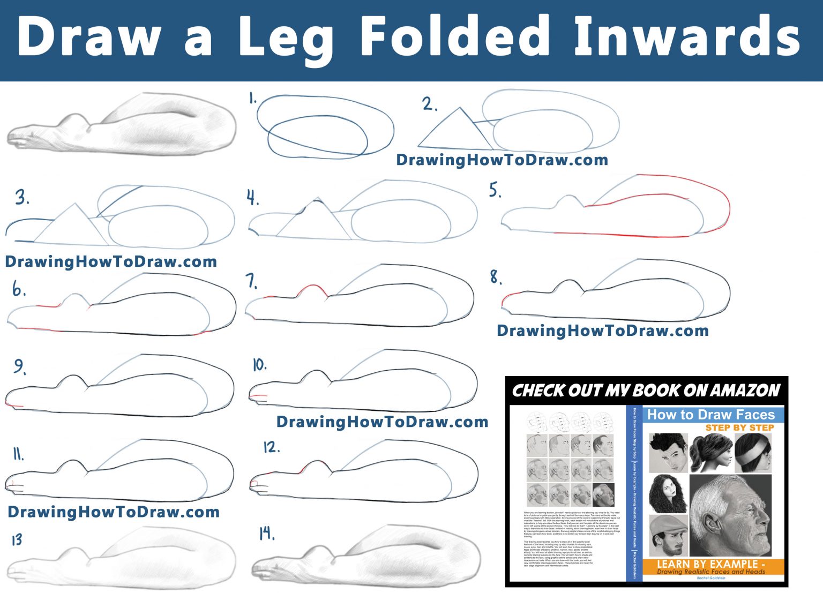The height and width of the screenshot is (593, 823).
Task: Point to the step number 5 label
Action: point(495,190)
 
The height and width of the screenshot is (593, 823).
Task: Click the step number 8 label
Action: point(496,277)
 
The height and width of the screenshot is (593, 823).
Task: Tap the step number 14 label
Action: point(266,534)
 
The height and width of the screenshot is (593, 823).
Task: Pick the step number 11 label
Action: point(18,454)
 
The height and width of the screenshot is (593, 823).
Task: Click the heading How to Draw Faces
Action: point(710,415)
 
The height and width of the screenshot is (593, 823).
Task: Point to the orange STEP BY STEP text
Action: point(739,427)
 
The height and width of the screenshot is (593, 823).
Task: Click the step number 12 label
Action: point(271,447)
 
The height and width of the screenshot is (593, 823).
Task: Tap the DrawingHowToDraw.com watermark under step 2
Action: point(502,160)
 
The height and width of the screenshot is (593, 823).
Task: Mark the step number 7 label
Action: point(252,281)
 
